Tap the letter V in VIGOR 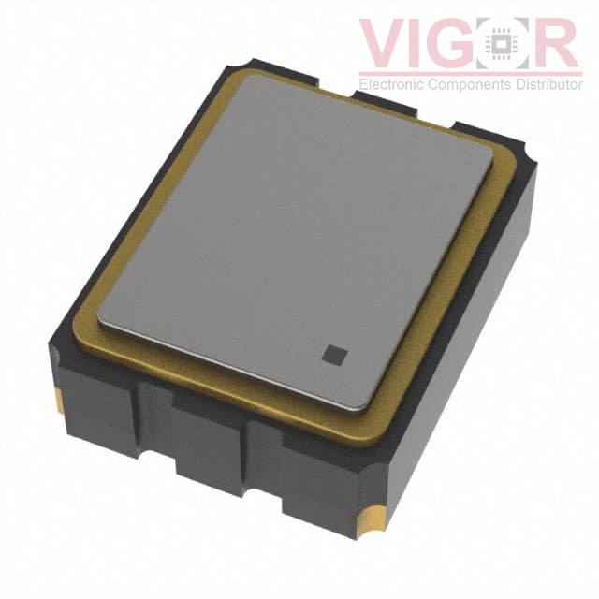point(385,42)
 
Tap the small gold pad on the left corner point(59,401)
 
